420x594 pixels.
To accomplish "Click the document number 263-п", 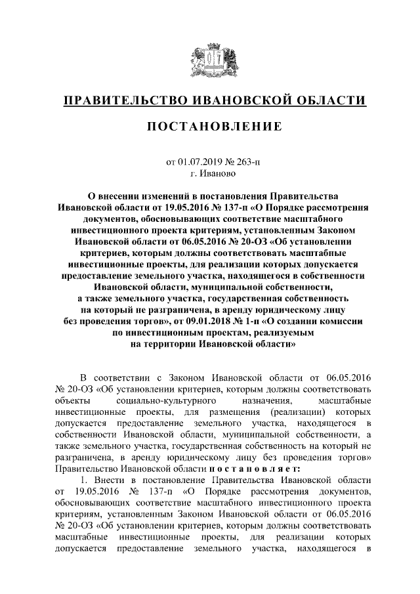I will pyautogui.click(x=246, y=163).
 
